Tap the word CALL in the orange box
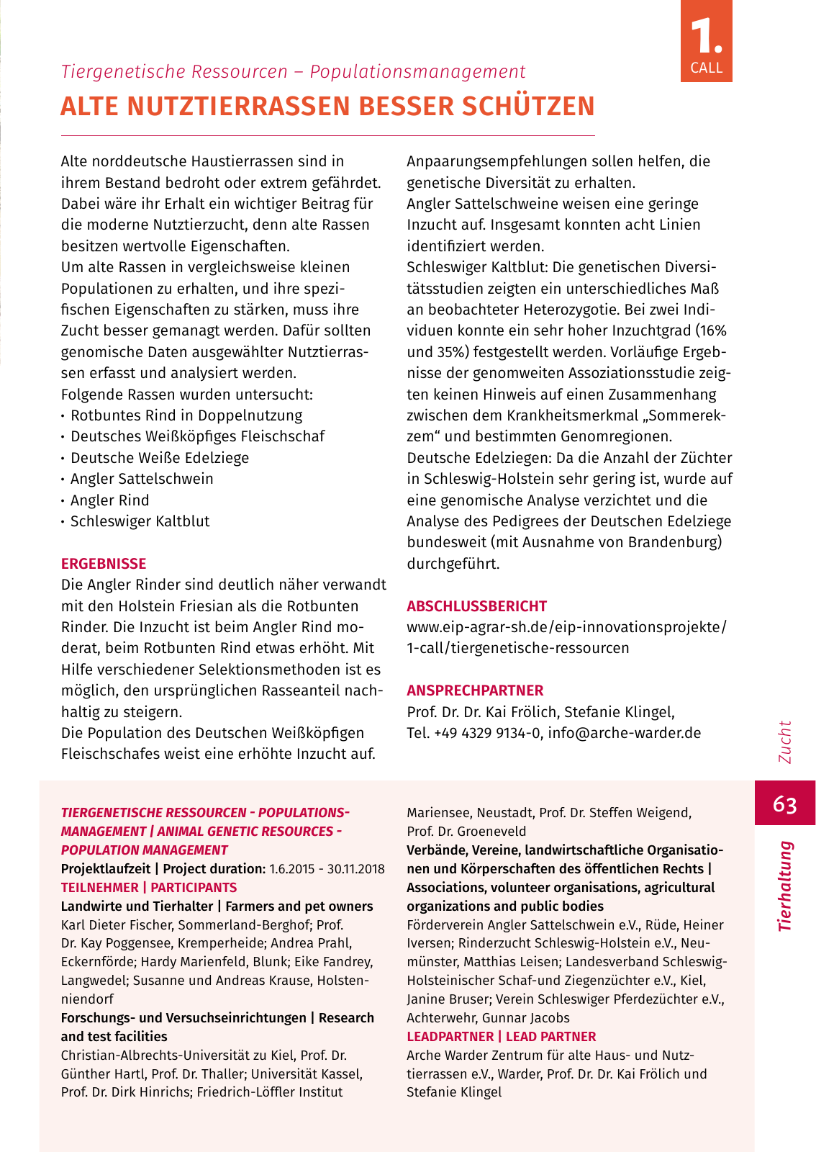[706, 68]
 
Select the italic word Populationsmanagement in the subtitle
[417, 72]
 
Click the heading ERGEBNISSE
[104, 564]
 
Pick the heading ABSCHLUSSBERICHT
[476, 606]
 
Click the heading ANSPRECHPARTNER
[475, 690]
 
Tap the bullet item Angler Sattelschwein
[142, 479]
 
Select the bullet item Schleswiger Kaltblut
[140, 521]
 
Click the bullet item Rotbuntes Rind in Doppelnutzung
[186, 415]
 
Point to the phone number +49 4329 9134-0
[487, 733]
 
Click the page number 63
[784, 804]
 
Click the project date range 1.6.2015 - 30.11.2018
[327, 869]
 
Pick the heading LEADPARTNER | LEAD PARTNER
[501, 1037]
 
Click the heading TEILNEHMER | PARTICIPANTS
[149, 888]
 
